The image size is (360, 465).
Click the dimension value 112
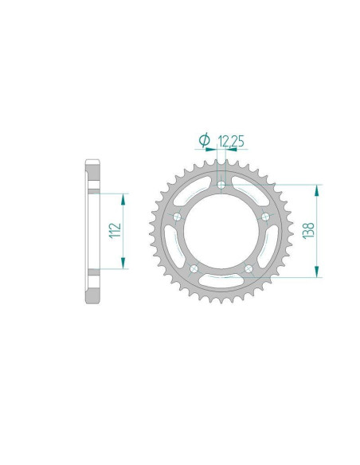coord(115,231)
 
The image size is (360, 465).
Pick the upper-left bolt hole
coord(178,217)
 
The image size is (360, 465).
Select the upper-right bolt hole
coord(265,217)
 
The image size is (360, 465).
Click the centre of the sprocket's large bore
coord(222,231)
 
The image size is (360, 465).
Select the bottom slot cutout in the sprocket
coord(222,281)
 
